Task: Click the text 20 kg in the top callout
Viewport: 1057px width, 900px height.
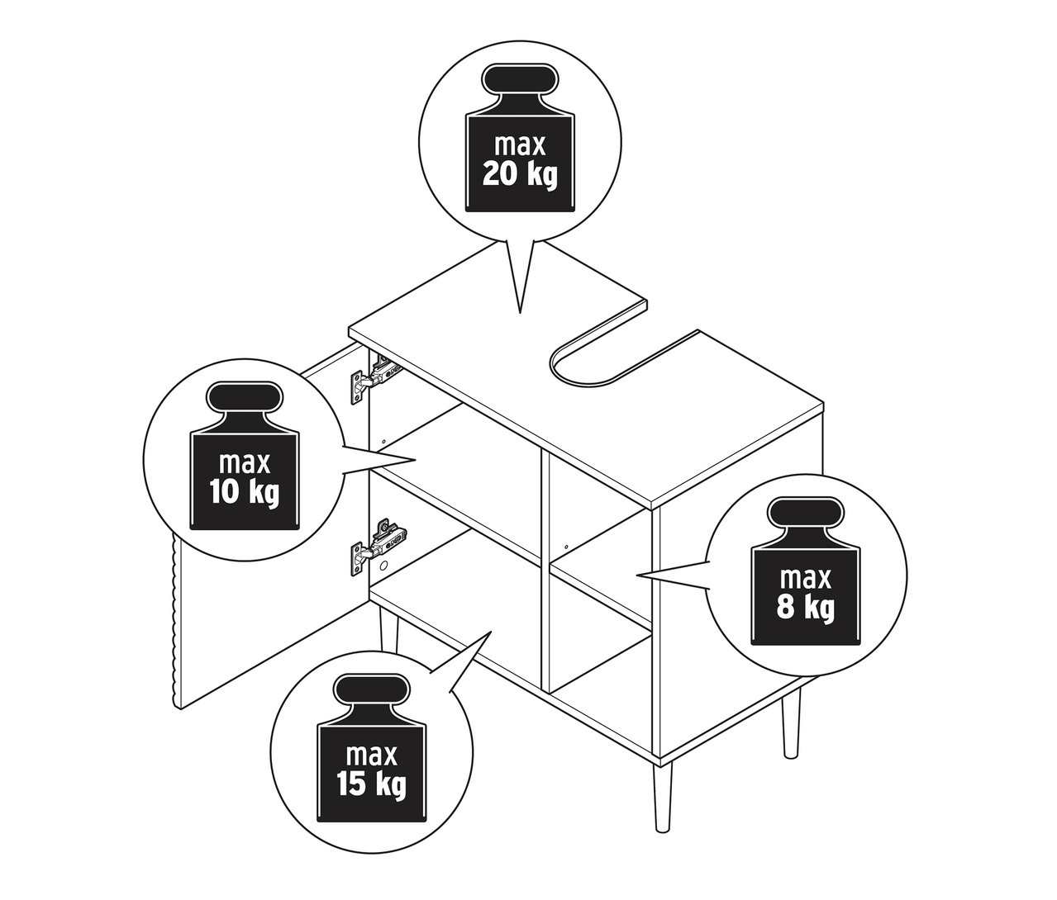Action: pyautogui.click(x=520, y=176)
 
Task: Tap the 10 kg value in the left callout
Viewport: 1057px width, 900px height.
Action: pyautogui.click(x=244, y=491)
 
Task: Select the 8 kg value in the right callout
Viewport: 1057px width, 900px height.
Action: pyautogui.click(x=805, y=608)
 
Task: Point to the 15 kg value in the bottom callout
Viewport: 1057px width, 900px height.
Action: pyautogui.click(x=373, y=784)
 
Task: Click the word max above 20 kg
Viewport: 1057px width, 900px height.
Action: pyautogui.click(x=520, y=145)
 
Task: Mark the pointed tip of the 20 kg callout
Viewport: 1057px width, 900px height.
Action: pyautogui.click(x=520, y=312)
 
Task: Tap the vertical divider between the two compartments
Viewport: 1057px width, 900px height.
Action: pyautogui.click(x=544, y=570)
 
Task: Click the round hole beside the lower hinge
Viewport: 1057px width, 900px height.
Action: pyautogui.click(x=383, y=566)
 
